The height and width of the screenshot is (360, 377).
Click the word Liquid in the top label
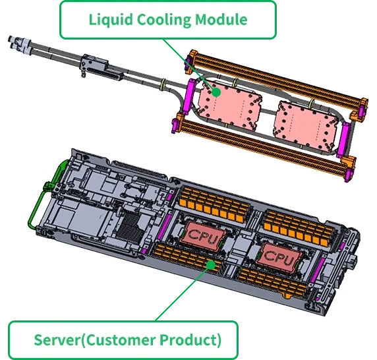coord(111,20)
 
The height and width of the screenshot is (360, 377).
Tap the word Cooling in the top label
coord(163,20)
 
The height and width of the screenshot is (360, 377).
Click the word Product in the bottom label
coord(190,340)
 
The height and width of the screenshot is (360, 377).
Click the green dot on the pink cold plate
coord(216,92)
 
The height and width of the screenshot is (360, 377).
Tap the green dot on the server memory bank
coord(211,265)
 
